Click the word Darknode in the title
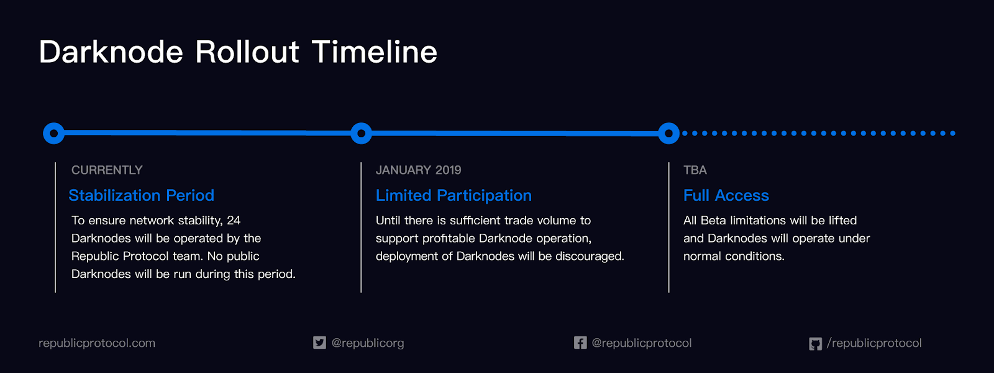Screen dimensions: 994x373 coord(111,52)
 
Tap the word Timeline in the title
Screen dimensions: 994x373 coord(375,52)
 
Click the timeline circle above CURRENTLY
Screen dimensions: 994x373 coord(53,133)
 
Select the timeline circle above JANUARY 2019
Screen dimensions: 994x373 coord(361,133)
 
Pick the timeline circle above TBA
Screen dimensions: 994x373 coord(668,133)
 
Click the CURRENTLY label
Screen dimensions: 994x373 coord(107,170)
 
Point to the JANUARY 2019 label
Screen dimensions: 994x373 coord(419,170)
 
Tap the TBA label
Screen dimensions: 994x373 coord(695,170)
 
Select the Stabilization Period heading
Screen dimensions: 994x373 coord(142,195)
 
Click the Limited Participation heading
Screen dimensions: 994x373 coord(454,195)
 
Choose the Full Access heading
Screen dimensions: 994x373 coord(726,195)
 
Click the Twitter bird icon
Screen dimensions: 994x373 coord(319,343)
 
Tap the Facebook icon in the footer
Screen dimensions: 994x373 coord(580,343)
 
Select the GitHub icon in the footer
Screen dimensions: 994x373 coord(816,344)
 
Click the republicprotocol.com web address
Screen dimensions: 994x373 coord(97,343)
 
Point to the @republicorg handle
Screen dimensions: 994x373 coord(368,343)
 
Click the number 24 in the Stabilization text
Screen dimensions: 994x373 coord(234,220)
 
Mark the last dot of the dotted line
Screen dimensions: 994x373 coord(953,133)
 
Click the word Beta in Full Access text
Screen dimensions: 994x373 coord(714,220)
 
